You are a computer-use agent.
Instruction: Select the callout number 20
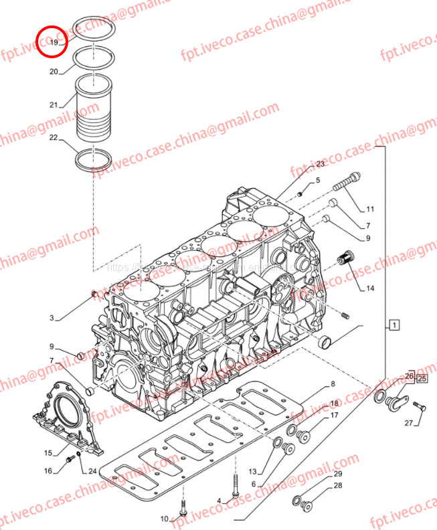click(x=54, y=71)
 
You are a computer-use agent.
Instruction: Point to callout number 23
click(x=320, y=164)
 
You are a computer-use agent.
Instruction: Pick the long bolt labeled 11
click(x=346, y=181)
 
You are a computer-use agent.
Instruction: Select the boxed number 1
click(x=395, y=326)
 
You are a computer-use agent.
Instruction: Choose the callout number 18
click(x=334, y=404)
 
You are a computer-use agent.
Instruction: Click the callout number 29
click(x=338, y=474)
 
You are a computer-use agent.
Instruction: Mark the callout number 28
click(x=338, y=486)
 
